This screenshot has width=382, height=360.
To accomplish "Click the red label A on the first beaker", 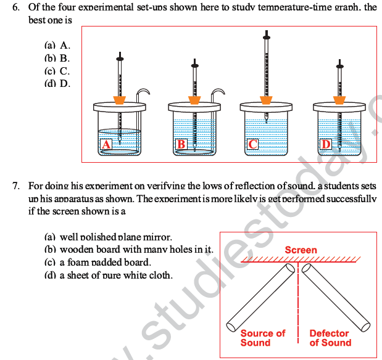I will (106, 145).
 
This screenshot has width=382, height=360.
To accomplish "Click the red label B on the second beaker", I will (181, 145).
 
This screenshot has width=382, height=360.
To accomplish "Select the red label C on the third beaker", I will (252, 145).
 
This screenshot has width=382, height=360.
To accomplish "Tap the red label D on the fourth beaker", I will (326, 145).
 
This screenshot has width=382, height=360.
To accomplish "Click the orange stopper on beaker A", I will (120, 99).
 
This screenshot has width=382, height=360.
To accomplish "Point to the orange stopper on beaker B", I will (194, 99).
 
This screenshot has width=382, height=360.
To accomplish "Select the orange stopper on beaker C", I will (266, 99).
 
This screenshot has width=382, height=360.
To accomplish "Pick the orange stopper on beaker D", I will (339, 99).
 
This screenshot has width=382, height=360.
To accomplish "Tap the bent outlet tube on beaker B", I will (217, 93).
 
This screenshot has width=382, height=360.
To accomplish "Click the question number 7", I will (16, 185).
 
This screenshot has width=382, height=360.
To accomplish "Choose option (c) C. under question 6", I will (57, 71).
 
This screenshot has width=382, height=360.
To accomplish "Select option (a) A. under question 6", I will (57, 46).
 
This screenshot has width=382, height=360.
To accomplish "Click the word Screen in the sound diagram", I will (301, 250).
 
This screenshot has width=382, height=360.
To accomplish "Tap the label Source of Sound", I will (262, 338).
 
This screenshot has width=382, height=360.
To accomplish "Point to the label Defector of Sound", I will (330, 338).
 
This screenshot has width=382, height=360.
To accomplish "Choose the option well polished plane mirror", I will (109, 237).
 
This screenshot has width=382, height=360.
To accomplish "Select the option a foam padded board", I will (97, 263).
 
